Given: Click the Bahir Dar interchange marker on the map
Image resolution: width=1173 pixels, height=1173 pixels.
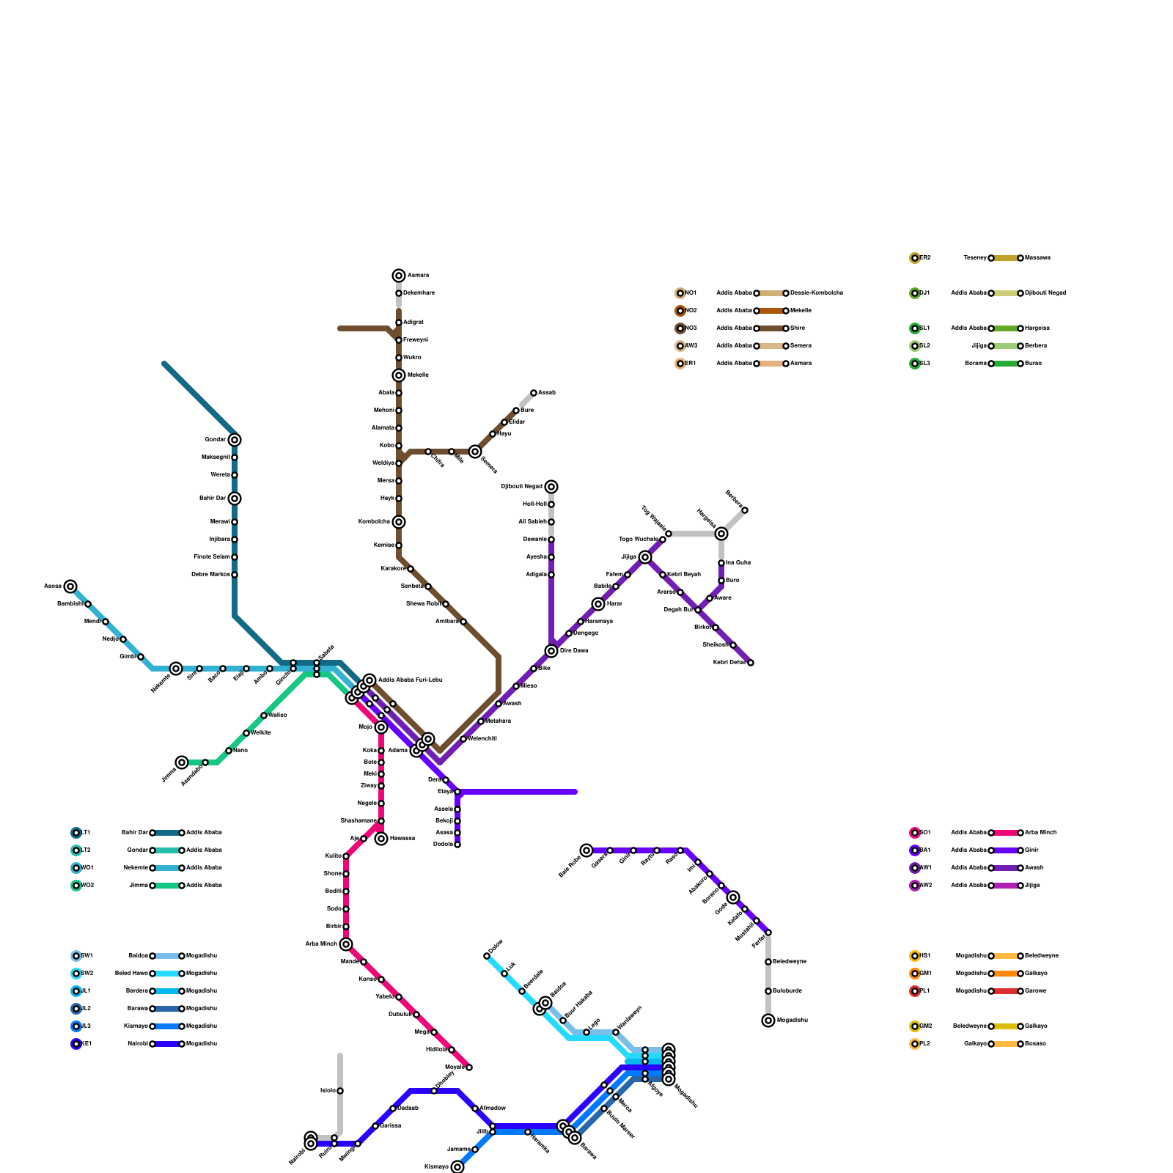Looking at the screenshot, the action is coord(234,499).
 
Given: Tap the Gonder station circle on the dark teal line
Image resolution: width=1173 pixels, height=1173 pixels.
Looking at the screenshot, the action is coord(234,440).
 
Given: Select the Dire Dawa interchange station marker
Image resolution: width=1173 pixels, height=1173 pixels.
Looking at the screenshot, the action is coord(551,651).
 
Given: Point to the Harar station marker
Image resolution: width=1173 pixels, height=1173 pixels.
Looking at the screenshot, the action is coord(598,604).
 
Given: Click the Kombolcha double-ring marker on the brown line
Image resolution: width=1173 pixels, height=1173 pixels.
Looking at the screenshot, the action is coord(398,522).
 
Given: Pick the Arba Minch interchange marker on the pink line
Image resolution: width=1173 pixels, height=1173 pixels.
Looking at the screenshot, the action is coord(346,944).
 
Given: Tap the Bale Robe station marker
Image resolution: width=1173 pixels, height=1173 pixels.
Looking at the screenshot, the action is coord(586,850).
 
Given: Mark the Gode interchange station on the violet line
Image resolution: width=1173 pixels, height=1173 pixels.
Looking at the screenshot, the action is coord(733,897).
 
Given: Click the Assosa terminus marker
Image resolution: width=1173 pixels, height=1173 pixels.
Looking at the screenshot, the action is coord(70,586).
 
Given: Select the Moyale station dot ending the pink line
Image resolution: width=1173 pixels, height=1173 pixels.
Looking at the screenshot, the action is coord(469,1067).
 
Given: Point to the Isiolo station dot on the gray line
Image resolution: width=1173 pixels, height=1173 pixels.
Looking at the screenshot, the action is coord(340,1091).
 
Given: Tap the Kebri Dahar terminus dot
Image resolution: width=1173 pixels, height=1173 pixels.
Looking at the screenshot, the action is coord(751,663).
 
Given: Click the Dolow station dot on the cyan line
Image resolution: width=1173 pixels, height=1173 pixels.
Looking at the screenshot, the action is coord(487,956).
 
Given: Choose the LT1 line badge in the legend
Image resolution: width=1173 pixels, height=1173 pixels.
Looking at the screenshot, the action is coord(76,833).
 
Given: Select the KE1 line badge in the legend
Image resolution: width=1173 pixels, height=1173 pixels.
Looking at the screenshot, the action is coord(76,1044).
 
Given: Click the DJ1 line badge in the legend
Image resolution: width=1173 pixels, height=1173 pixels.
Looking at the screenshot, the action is coord(915,293).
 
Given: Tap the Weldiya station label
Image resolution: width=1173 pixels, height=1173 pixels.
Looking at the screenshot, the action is coord(383,463).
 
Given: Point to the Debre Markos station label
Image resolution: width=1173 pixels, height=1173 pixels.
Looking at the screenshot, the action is coord(210,575).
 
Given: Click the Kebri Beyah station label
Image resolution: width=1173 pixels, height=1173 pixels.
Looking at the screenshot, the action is coord(684,575).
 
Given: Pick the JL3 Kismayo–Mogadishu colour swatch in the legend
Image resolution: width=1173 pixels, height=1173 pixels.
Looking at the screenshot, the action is coord(167,1026).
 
